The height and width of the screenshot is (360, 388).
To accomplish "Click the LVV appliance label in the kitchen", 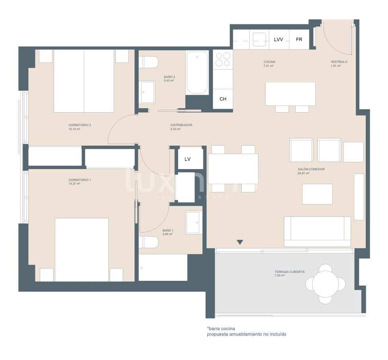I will click(x=278, y=40).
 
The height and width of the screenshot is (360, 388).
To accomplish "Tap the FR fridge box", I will click(x=299, y=40).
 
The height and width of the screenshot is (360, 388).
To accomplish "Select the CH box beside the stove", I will click(x=223, y=99).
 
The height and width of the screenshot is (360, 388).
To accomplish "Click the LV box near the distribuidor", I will click(x=188, y=159).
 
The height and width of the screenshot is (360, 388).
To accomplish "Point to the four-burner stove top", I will click(x=223, y=59).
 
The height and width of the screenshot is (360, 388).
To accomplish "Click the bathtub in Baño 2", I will click(x=197, y=72).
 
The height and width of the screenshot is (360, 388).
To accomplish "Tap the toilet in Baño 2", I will click(x=149, y=62).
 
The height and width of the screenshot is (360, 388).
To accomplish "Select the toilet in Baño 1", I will click(x=148, y=242).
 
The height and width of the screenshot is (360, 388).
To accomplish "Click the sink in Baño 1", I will click(x=194, y=223).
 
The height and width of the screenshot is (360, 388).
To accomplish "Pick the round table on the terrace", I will click(x=325, y=284).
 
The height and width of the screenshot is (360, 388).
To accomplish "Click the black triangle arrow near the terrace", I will click(x=239, y=242).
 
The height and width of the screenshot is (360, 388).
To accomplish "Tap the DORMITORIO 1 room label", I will click(x=80, y=180).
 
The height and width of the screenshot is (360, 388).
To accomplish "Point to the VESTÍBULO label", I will click(x=339, y=62).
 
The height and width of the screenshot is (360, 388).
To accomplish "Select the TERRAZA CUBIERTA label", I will click(x=289, y=272).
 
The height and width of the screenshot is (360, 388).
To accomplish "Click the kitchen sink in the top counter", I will click(x=259, y=40).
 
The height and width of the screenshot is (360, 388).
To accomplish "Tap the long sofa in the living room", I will click(x=317, y=231).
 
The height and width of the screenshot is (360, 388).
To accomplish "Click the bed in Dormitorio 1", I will click(x=81, y=249).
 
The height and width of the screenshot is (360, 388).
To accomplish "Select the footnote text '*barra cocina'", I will click(x=221, y=329).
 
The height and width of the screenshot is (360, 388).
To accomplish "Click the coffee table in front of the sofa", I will click(x=317, y=194).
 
